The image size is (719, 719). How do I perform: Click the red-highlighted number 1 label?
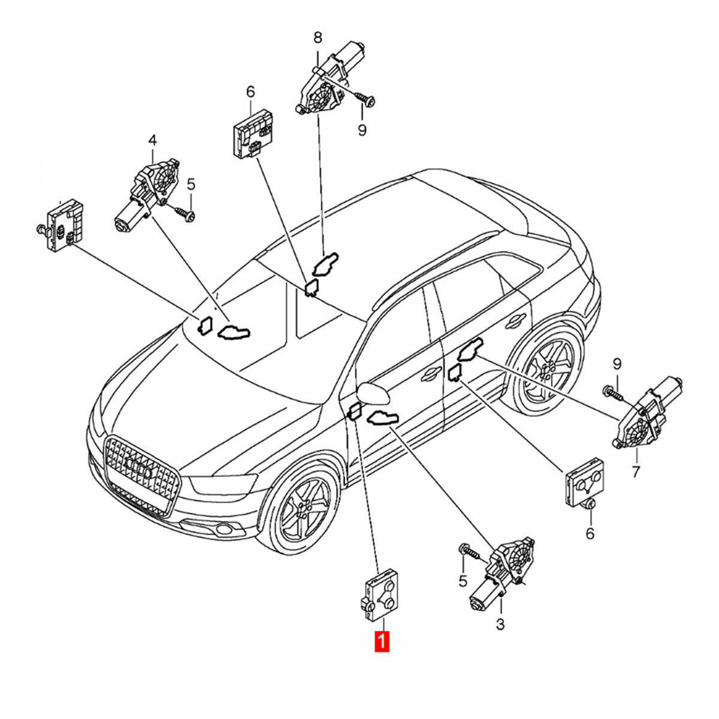pyautogui.click(x=382, y=641)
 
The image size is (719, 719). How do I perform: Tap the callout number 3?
pyautogui.click(x=500, y=624)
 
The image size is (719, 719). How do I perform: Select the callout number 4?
pyautogui.click(x=152, y=140)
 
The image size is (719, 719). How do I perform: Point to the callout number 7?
pyautogui.click(x=635, y=472)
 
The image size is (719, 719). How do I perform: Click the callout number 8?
pyautogui.click(x=318, y=38)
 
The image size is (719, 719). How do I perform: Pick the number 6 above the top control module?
pyautogui.click(x=250, y=92)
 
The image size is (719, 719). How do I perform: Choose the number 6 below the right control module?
pyautogui.click(x=590, y=533)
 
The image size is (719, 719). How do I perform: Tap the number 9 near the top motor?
pyautogui.click(x=362, y=129)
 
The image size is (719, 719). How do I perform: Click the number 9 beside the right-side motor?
pyautogui.click(x=617, y=363)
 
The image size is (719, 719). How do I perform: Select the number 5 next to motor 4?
pyautogui.click(x=191, y=185)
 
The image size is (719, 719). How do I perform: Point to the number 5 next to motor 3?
pyautogui.click(x=463, y=580)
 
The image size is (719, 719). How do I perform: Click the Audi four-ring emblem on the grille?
pyautogui.click(x=139, y=468)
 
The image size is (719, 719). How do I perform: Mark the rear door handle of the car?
pyautogui.click(x=512, y=324)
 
